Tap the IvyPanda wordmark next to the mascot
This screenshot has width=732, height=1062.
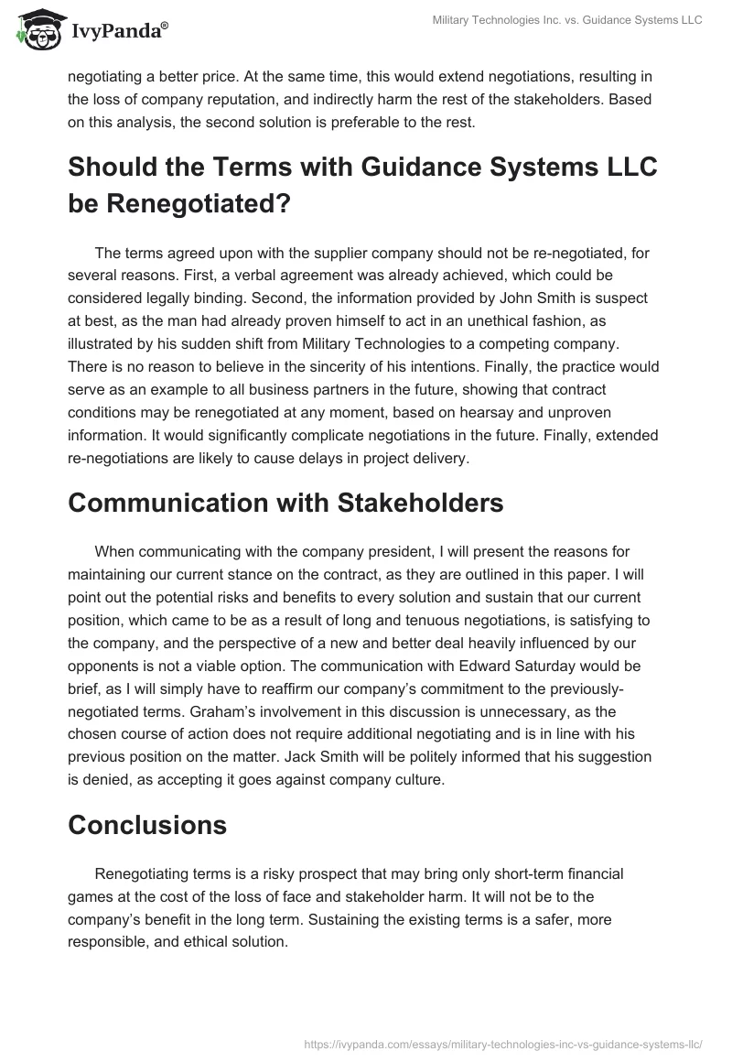click(119, 30)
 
